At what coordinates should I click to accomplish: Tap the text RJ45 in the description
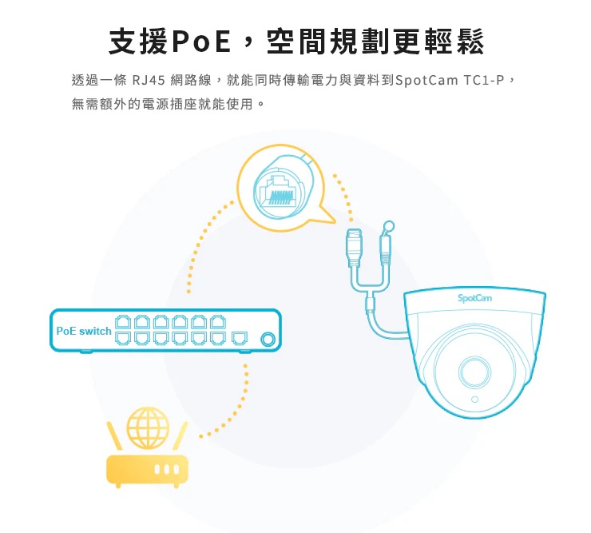pos(148,81)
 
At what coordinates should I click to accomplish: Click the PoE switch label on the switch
pos(84,331)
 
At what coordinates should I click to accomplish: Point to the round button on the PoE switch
pos(268,340)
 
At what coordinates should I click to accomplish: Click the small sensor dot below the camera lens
pos(474,399)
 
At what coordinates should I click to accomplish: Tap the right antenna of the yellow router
pos(181,436)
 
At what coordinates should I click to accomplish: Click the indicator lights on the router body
pos(165,470)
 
